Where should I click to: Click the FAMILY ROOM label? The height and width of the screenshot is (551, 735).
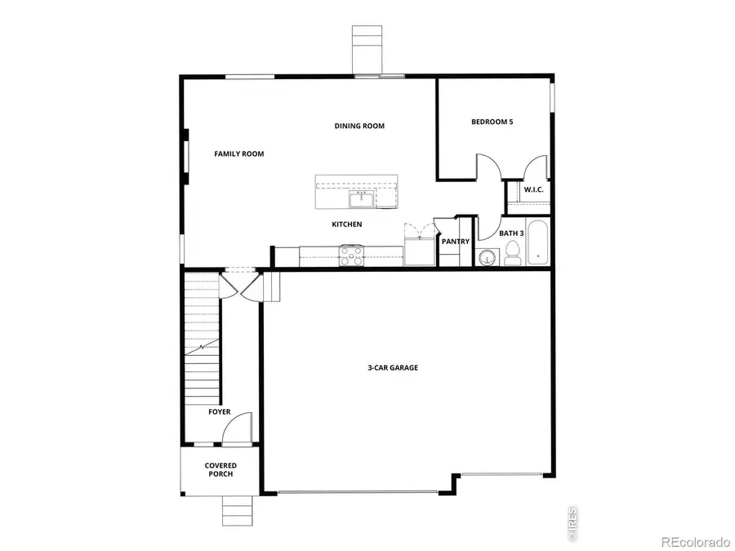238,153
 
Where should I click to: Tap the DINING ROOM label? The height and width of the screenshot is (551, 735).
359,126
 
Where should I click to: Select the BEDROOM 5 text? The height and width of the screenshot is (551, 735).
492,122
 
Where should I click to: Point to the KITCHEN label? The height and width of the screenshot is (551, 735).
346,224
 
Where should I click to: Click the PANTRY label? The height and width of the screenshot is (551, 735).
455,242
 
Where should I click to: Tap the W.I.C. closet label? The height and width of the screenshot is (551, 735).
533,189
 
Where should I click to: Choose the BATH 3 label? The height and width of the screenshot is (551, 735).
511,233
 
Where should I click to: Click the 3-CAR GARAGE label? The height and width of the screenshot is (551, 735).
392,368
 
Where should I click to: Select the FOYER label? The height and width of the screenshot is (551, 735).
219,412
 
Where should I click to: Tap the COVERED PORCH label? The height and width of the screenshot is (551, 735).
220,469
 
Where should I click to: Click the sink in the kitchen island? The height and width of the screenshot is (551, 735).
359,199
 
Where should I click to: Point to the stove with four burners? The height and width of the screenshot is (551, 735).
352,256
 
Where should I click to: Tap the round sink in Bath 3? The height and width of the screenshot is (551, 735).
488,258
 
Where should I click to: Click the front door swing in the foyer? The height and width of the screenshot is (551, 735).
238,429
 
